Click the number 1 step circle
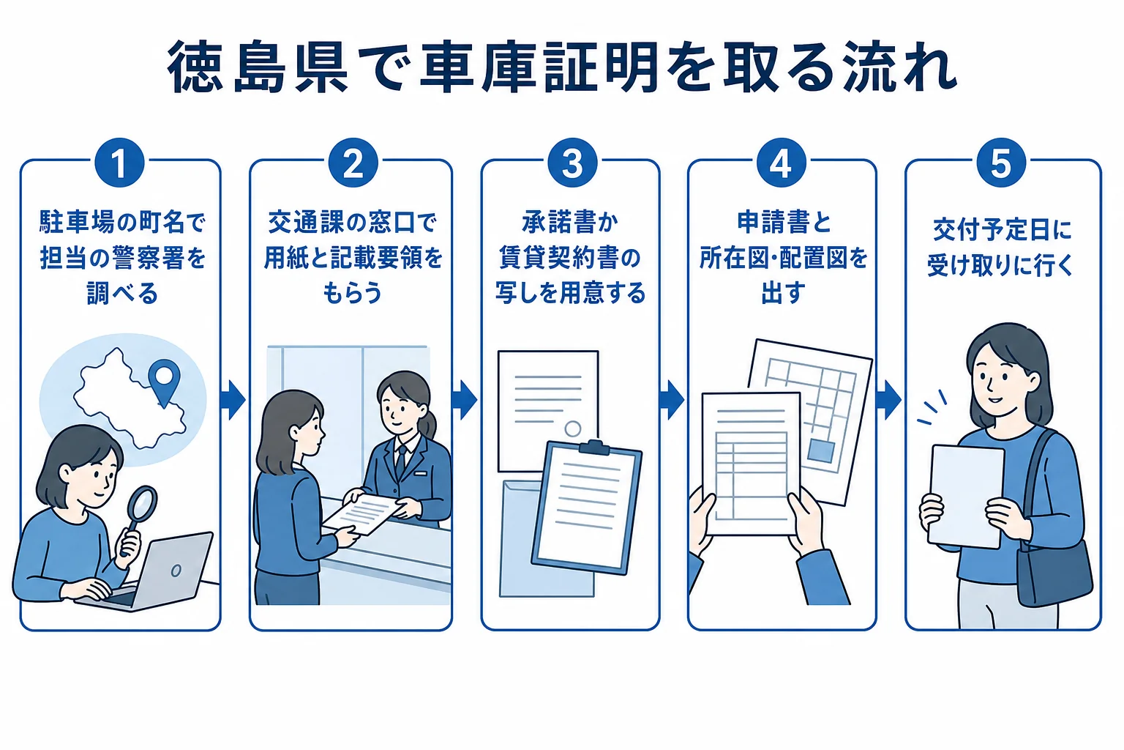click(119, 163)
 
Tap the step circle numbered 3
click(572, 163)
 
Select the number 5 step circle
click(1001, 163)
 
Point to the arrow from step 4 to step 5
click(888, 400)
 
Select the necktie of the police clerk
click(400, 461)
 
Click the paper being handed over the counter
click(363, 513)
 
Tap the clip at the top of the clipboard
click(595, 447)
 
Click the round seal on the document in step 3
click(572, 428)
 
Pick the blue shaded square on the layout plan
click(821, 450)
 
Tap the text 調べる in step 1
click(122, 293)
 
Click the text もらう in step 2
click(352, 293)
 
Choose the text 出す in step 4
click(783, 293)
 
